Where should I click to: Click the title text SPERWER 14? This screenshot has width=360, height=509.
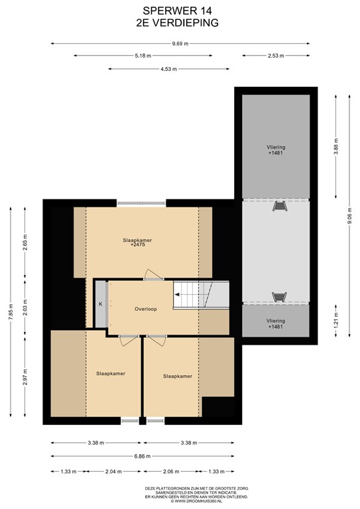point(177,11)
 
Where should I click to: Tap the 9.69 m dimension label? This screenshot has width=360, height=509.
point(180,44)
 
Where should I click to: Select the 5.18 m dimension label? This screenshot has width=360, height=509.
point(143,56)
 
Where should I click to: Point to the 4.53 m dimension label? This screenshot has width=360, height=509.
point(169,69)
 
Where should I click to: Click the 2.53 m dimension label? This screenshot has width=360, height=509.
point(276,56)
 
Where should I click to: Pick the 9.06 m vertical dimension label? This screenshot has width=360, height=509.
point(349,216)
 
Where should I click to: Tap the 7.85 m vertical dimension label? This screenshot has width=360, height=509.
point(11,312)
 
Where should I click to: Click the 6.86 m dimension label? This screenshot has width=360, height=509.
point(142,456)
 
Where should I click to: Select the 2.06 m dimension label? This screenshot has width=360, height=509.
point(171,471)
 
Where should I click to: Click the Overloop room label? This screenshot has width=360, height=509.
point(146,309)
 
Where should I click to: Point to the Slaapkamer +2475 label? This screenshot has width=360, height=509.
point(137,243)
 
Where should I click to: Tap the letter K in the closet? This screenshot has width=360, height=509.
point(101,304)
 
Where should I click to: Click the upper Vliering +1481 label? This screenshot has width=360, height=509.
point(276,150)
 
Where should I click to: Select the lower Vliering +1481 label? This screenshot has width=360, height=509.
point(276,323)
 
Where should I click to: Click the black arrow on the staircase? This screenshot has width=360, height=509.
point(177,295)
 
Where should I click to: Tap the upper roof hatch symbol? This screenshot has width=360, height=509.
point(280,206)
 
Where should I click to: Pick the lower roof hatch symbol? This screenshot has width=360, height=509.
point(279,297)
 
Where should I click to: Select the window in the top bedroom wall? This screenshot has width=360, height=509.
point(141,203)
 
